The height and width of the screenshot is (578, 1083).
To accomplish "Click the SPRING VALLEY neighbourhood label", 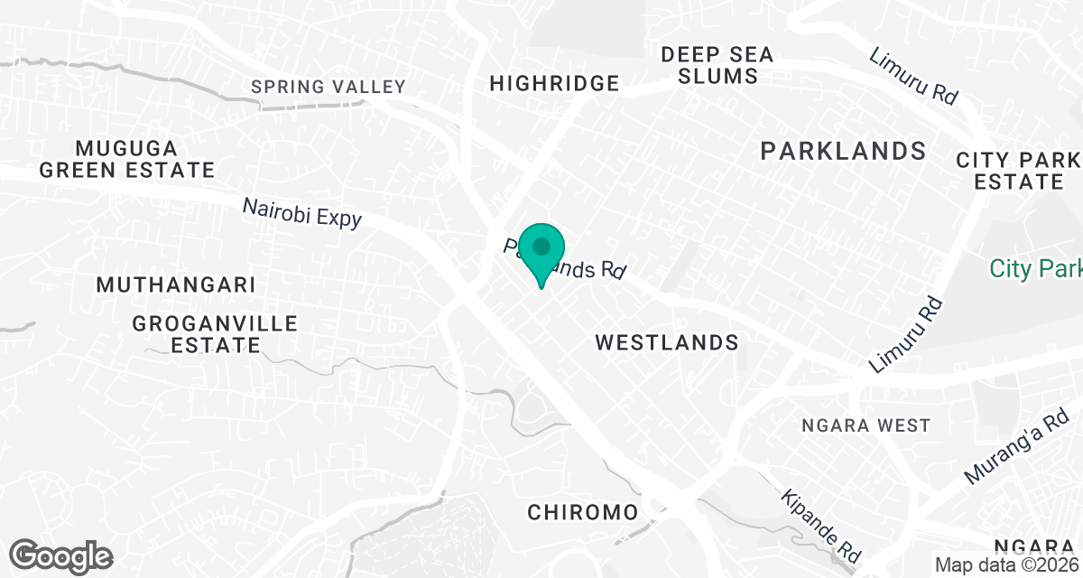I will [329, 87].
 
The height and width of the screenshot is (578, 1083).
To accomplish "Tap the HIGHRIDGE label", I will [554, 84].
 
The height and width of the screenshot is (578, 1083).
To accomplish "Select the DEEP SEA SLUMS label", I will [717, 65].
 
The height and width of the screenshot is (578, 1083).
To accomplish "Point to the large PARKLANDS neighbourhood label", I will [843, 151].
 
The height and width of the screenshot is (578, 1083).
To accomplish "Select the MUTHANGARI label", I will [176, 284].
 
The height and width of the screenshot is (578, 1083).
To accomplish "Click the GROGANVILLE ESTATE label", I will [215, 333].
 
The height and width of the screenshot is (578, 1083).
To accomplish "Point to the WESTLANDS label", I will [667, 342].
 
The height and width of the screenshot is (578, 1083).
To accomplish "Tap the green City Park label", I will [1035, 269].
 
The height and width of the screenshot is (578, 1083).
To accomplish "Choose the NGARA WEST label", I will [865, 424].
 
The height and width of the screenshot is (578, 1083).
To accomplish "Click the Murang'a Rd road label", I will [1015, 449].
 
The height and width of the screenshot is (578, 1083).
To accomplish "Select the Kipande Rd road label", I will [822, 527].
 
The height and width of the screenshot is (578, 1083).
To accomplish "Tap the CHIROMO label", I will [582, 513].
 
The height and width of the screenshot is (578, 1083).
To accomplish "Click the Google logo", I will [61, 555].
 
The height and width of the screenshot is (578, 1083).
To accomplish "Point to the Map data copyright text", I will [1006, 564].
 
